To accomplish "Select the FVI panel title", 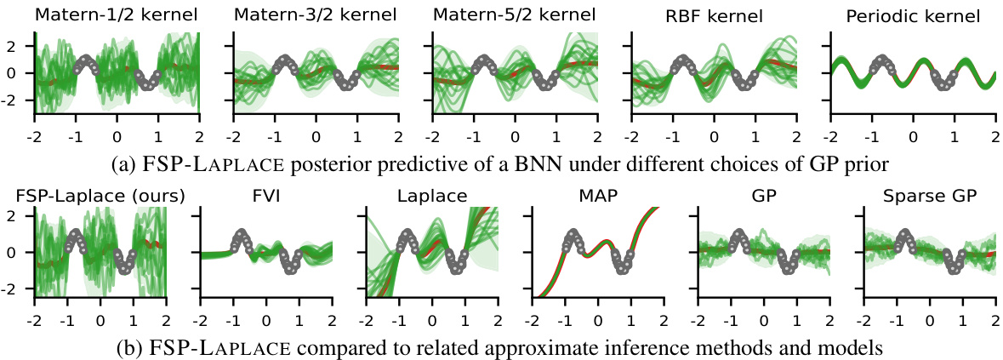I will tap(265, 195).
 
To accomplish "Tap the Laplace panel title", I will tap(431, 195).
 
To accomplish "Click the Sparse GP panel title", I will tap(928, 195).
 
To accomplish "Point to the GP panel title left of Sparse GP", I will tap(763, 195).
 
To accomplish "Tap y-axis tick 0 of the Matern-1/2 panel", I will tap(23, 73).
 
